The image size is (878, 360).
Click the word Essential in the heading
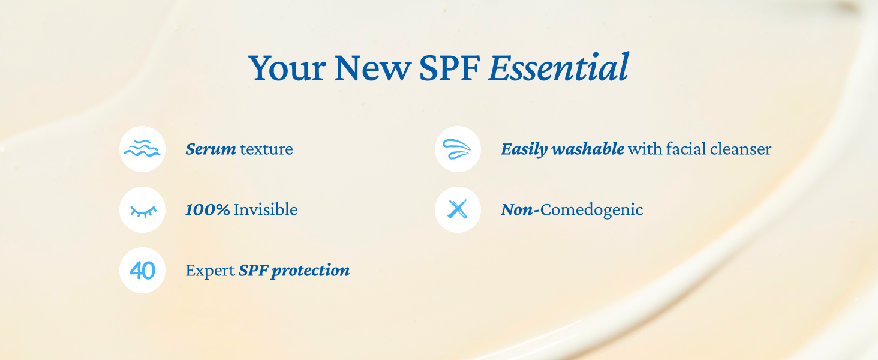(x=558, y=67)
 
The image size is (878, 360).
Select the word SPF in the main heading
(x=450, y=68)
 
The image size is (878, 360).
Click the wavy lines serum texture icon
(x=142, y=149)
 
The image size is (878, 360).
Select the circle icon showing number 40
(x=142, y=270)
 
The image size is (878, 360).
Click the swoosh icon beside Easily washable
(x=458, y=149)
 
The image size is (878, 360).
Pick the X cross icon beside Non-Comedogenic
(x=458, y=210)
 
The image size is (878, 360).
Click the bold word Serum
(x=211, y=149)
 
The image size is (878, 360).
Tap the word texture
(x=266, y=149)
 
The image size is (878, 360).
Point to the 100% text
(x=208, y=209)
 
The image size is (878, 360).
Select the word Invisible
(x=266, y=209)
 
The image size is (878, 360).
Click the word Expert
(x=210, y=271)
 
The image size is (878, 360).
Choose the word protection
(x=311, y=271)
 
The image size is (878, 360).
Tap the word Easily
(x=524, y=149)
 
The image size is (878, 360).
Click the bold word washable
(x=588, y=149)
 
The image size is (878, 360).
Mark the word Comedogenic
(x=591, y=210)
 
